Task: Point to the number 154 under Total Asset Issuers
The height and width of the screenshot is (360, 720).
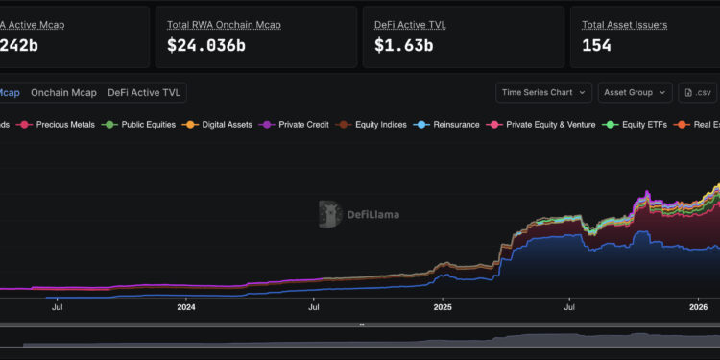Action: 600,44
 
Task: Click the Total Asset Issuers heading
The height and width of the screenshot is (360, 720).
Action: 624,24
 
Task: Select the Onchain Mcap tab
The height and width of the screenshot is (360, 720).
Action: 63,92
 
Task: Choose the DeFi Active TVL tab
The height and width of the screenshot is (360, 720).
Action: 144,92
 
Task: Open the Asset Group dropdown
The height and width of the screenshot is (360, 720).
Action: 635,92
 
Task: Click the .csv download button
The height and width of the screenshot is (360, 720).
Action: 698,92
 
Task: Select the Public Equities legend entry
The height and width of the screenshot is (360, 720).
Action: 142,125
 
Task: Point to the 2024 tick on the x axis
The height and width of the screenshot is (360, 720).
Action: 186,307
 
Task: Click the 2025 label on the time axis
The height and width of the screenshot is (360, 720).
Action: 443,307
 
